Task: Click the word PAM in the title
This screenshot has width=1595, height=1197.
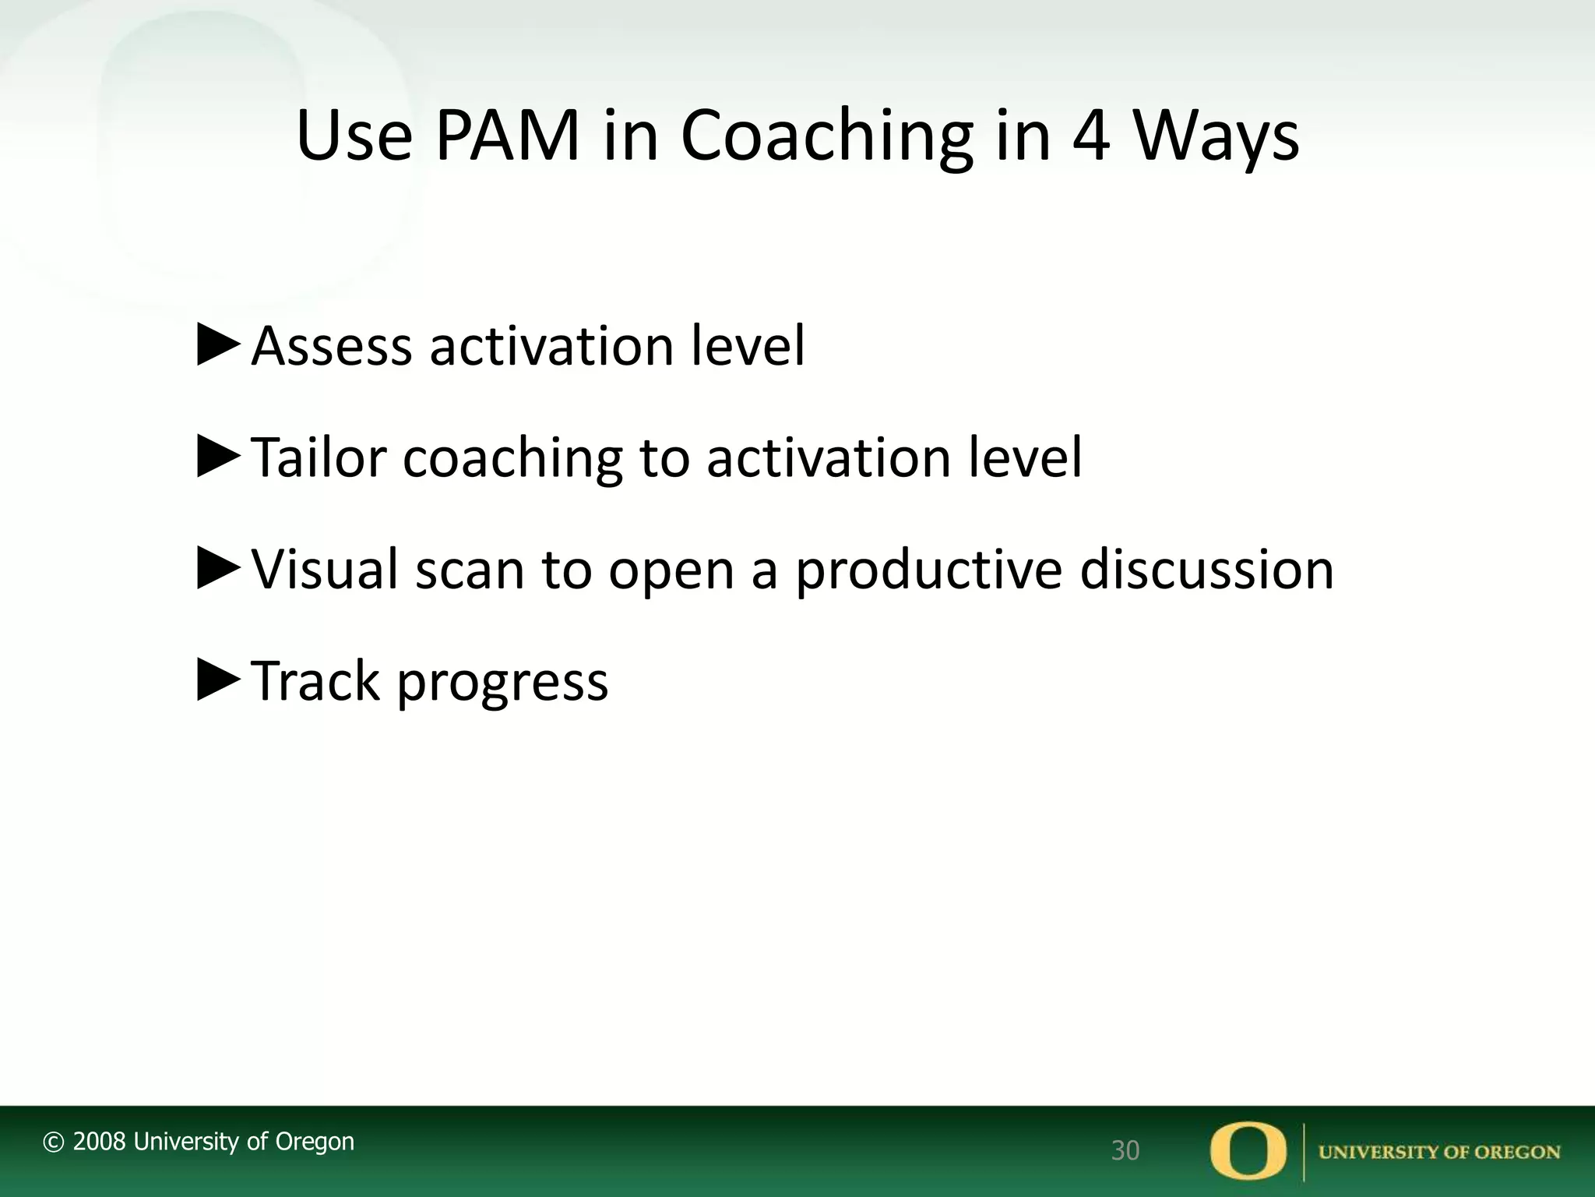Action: click(x=507, y=137)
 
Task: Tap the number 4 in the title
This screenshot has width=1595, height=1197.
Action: click(x=1091, y=137)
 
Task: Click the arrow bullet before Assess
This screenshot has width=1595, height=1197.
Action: click(x=219, y=346)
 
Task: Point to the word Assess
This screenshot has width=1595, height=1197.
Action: click(x=331, y=346)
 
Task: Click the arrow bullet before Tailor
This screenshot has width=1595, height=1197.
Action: click(x=219, y=457)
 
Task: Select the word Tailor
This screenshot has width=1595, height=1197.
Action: click(x=319, y=457)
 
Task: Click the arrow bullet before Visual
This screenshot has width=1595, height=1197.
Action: click(x=219, y=569)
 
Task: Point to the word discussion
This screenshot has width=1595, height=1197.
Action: click(x=1206, y=569)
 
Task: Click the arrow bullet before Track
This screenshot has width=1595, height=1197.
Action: click(x=219, y=680)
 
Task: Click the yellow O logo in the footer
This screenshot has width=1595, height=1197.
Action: click(x=1248, y=1151)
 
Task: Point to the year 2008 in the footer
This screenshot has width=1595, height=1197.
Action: click(x=99, y=1142)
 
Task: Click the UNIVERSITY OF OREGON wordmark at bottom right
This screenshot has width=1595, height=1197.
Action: click(x=1438, y=1153)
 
